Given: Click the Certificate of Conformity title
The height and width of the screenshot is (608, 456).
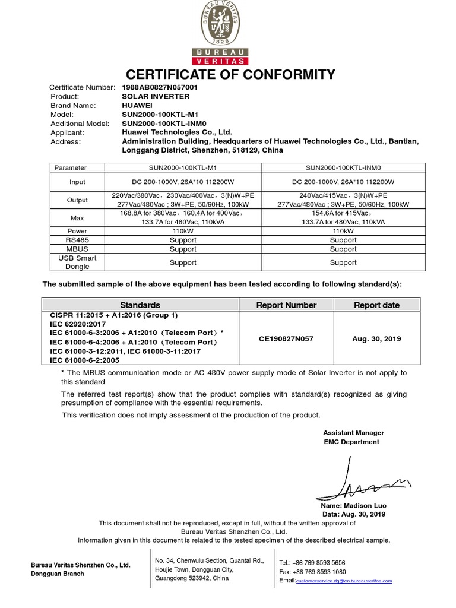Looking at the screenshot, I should click(230, 74).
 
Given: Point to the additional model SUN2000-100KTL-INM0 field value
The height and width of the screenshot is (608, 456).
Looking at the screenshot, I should click(163, 123).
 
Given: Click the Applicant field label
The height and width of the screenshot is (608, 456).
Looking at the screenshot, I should click(67, 132).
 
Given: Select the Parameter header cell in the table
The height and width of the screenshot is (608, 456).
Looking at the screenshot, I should click(71, 167).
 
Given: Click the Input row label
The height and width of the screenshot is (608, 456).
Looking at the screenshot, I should click(77, 182).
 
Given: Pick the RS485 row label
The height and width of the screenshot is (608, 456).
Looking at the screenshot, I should click(77, 240).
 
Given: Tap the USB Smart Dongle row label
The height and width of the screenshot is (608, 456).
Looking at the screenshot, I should click(77, 262).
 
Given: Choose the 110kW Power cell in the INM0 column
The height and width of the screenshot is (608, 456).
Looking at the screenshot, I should click(343, 231).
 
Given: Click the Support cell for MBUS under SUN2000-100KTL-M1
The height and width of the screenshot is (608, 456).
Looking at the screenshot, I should click(183, 249).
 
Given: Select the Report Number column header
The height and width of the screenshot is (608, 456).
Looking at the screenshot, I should click(286, 305).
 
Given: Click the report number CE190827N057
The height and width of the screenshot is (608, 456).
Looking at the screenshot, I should click(286, 338).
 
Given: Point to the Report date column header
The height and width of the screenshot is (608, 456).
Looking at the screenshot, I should click(376, 305).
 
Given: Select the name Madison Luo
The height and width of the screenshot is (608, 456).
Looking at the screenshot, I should click(353, 505).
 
